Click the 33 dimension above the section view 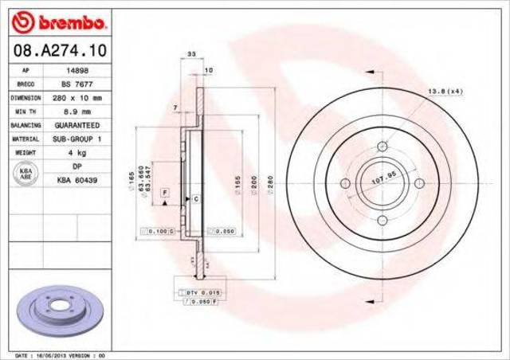click(190, 54)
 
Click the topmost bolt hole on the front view click(382, 146)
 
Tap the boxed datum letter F click(164, 193)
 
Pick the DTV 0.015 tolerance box click(204, 293)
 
